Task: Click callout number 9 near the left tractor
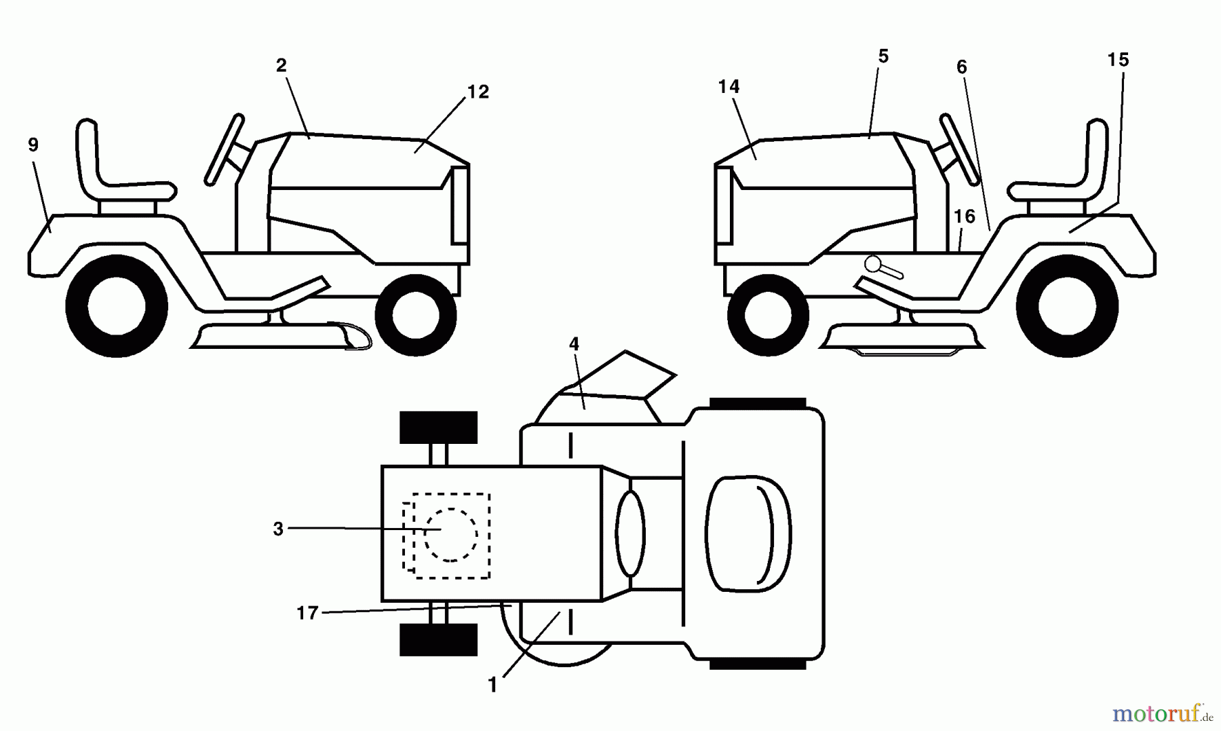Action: (33, 145)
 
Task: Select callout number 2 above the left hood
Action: (282, 66)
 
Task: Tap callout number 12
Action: (478, 92)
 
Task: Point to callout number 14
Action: (729, 87)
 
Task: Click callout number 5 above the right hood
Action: (883, 57)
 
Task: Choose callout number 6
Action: (961, 67)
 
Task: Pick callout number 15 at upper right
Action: (1118, 60)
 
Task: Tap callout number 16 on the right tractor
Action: (964, 217)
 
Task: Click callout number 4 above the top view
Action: (574, 344)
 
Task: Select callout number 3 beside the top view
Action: (278, 529)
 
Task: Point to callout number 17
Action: (307, 614)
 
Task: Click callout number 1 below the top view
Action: (493, 686)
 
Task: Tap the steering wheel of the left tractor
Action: (225, 149)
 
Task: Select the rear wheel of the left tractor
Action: (117, 306)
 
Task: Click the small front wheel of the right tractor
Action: (768, 315)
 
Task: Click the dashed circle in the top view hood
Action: (451, 536)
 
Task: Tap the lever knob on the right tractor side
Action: (873, 263)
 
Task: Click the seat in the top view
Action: (748, 533)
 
